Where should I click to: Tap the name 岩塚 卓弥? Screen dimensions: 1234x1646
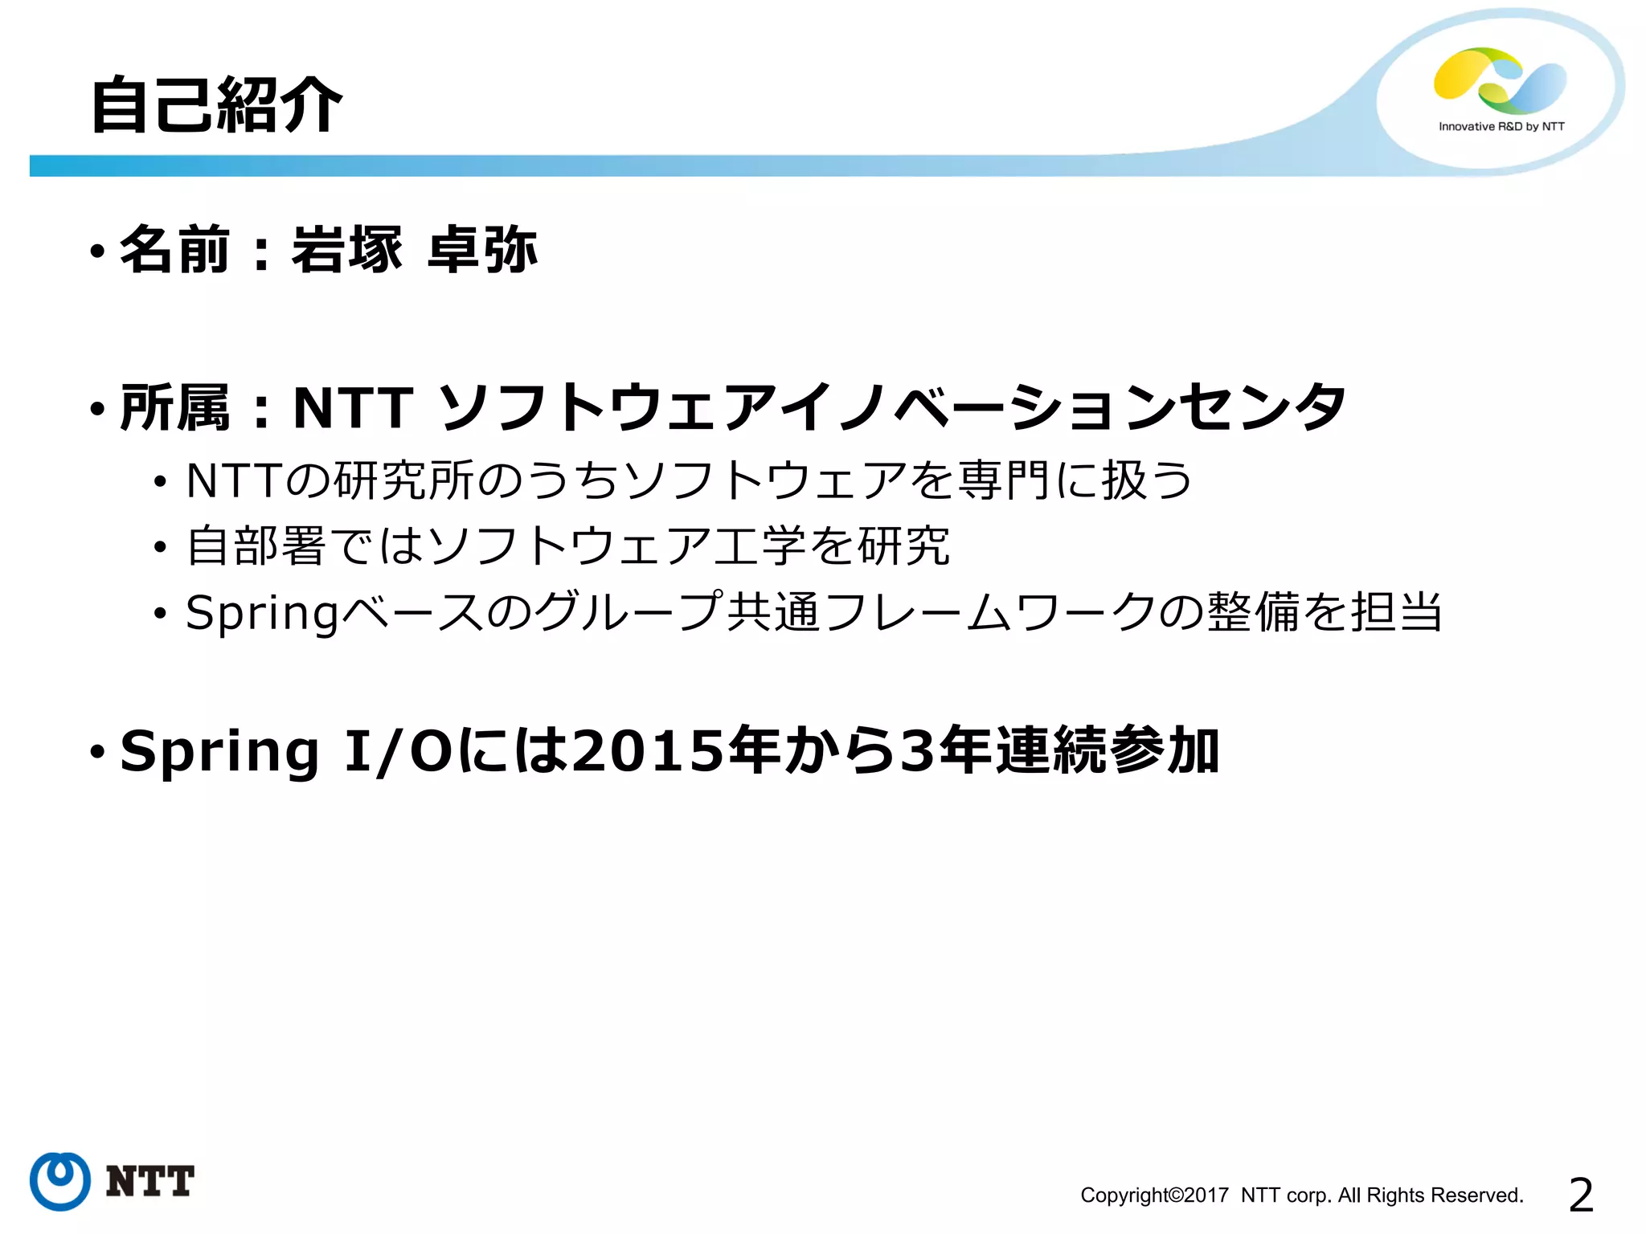414,250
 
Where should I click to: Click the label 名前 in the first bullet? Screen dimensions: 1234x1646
175,250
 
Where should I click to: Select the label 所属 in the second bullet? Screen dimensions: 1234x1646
175,408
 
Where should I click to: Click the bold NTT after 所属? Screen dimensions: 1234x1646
354,408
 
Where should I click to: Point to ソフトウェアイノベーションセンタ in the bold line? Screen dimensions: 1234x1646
892,408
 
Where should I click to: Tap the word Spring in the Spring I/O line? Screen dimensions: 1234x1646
219,752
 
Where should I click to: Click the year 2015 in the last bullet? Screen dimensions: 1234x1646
648,752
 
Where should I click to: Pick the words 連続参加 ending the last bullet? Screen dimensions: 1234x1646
1108,752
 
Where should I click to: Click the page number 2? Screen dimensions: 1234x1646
1580,1195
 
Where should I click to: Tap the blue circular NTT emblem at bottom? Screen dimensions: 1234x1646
59,1180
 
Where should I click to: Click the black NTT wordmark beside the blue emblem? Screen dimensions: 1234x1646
150,1181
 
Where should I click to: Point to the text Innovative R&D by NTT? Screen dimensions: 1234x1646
1501,126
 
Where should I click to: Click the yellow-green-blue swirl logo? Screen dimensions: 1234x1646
1500,80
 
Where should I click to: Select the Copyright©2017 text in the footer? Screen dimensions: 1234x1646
1154,1195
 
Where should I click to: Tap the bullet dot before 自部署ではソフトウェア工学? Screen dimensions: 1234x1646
160,548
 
